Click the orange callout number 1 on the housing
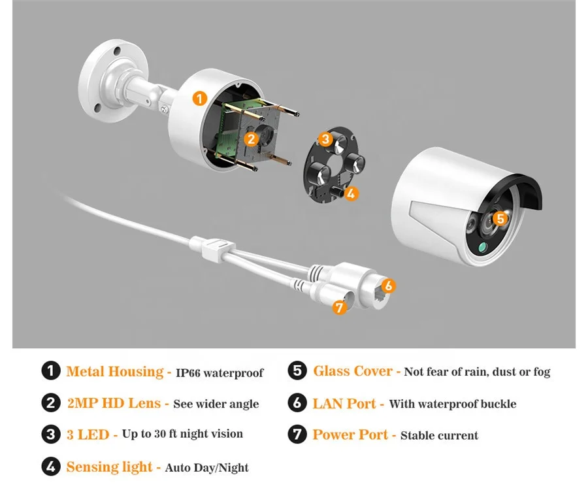(x=200, y=99)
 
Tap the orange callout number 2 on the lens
(x=250, y=138)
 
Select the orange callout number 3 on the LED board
(x=325, y=139)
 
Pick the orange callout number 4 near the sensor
(x=351, y=193)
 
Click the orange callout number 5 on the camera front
(x=500, y=219)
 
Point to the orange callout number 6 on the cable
(x=387, y=286)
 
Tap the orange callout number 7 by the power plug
(x=338, y=306)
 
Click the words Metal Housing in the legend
(x=114, y=372)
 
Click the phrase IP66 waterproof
(x=220, y=373)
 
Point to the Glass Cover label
(x=353, y=371)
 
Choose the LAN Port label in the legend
(x=344, y=403)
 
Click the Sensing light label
(x=109, y=467)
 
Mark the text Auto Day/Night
(x=207, y=468)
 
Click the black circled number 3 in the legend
(x=51, y=435)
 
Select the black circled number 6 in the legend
(x=297, y=403)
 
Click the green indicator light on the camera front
(x=482, y=248)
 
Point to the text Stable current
(x=439, y=435)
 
